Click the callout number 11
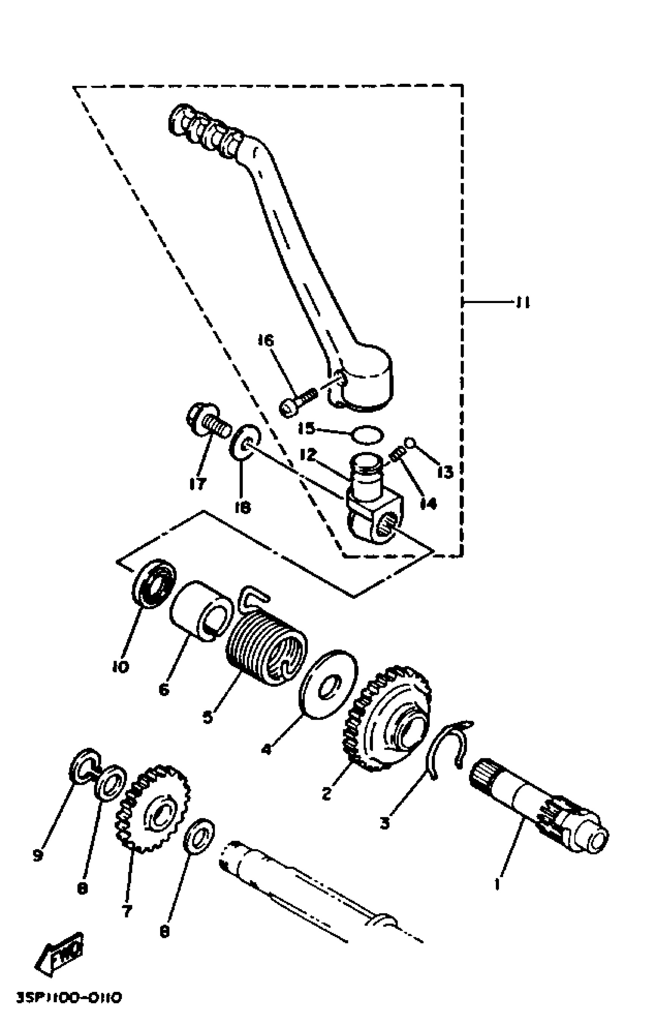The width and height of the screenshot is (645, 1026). (x=522, y=303)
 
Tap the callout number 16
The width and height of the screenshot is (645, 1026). (x=266, y=341)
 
